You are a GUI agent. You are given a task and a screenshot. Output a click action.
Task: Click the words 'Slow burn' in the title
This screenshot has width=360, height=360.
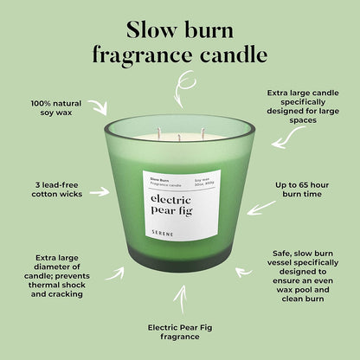coord(180,29)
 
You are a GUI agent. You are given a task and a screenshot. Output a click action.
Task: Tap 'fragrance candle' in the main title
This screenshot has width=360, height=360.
coord(180,55)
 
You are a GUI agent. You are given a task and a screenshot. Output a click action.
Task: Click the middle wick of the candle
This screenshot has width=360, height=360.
coord(179,136)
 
